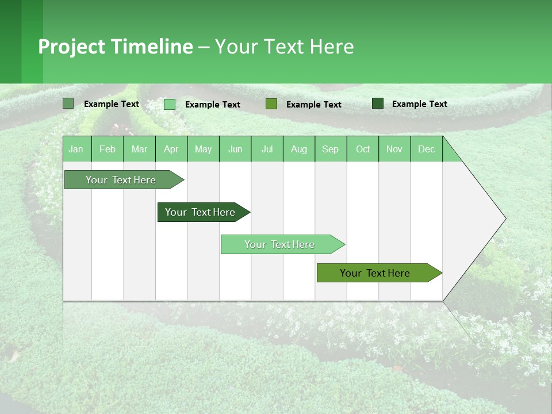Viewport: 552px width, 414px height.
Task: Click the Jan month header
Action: [x=76, y=149]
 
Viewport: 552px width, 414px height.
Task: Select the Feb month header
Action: [x=108, y=149]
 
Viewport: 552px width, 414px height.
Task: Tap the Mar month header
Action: [x=139, y=149]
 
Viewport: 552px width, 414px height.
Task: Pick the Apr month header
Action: [x=171, y=149]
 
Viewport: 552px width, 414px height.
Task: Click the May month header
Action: [x=203, y=149]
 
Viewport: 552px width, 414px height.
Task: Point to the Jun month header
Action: [x=235, y=149]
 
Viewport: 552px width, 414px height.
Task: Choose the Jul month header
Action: [x=267, y=149]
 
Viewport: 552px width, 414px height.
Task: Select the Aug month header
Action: [x=299, y=149]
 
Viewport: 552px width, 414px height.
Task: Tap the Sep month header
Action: [x=331, y=149]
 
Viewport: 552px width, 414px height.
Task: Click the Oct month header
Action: [x=363, y=149]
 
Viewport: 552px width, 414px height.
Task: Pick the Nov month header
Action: [x=394, y=149]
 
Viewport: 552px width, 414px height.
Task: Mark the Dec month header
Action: [x=427, y=149]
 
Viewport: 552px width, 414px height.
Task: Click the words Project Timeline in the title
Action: [x=116, y=47]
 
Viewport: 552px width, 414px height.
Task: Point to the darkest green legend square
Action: [x=378, y=103]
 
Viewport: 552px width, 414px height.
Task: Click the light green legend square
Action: [x=170, y=104]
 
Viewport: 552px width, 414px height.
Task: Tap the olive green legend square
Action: [x=271, y=103]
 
